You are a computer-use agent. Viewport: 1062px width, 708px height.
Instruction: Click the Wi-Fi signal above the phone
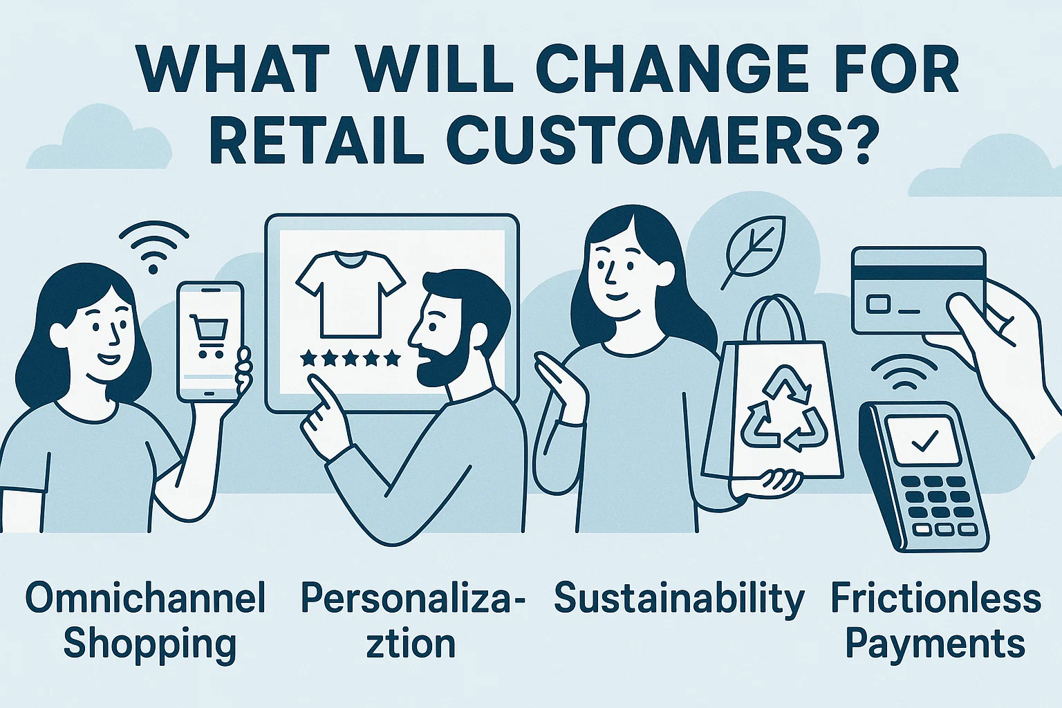tap(153, 248)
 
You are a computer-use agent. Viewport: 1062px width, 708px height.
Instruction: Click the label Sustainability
tap(679, 599)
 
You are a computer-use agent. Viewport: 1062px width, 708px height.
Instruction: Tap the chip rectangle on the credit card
tap(877, 305)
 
